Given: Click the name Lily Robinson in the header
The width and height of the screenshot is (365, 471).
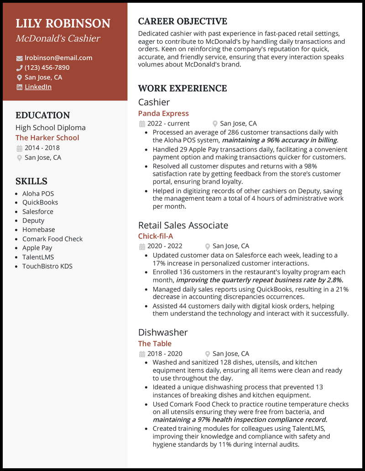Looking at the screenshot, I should pos(63,24).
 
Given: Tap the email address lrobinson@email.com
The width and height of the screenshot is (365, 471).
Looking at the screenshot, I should pos(58,58).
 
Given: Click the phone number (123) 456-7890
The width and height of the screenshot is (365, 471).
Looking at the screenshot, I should pos(47,68).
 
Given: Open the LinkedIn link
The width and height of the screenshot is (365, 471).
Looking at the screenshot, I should pos(38,87).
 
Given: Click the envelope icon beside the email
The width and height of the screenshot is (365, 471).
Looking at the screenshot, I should pos(19,58).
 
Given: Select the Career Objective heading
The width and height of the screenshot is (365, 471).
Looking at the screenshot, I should pos(182,21).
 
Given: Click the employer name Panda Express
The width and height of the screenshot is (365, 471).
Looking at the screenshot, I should pos(163,113).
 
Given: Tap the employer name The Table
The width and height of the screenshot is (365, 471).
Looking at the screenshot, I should pos(155,343).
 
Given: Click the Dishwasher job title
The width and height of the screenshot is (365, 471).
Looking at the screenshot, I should pos(163,332).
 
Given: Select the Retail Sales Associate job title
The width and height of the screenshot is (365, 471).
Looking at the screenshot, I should pos(183,225).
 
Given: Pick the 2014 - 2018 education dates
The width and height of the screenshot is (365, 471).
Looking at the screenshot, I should pos(42,148).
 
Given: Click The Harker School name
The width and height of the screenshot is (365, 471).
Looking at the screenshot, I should pos(47,137).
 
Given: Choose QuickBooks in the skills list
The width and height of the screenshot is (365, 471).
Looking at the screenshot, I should pos(40,202).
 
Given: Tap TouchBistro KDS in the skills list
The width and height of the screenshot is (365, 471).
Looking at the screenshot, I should pos(47,266).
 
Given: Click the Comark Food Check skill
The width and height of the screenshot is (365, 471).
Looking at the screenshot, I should pos(52,239).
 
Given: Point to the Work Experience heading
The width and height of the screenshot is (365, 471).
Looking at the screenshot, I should pos(182,88).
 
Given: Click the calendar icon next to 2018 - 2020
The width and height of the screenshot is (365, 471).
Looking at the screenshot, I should pos(141,354).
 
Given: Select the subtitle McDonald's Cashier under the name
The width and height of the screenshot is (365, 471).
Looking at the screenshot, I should pos(58,38).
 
